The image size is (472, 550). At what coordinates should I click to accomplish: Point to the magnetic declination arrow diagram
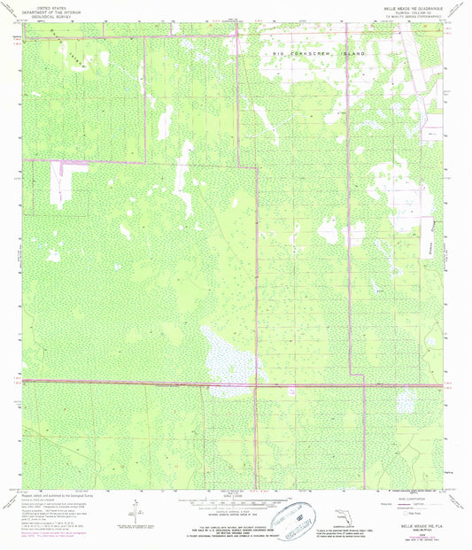133,514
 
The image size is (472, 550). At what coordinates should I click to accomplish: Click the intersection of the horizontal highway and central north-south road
257,383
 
